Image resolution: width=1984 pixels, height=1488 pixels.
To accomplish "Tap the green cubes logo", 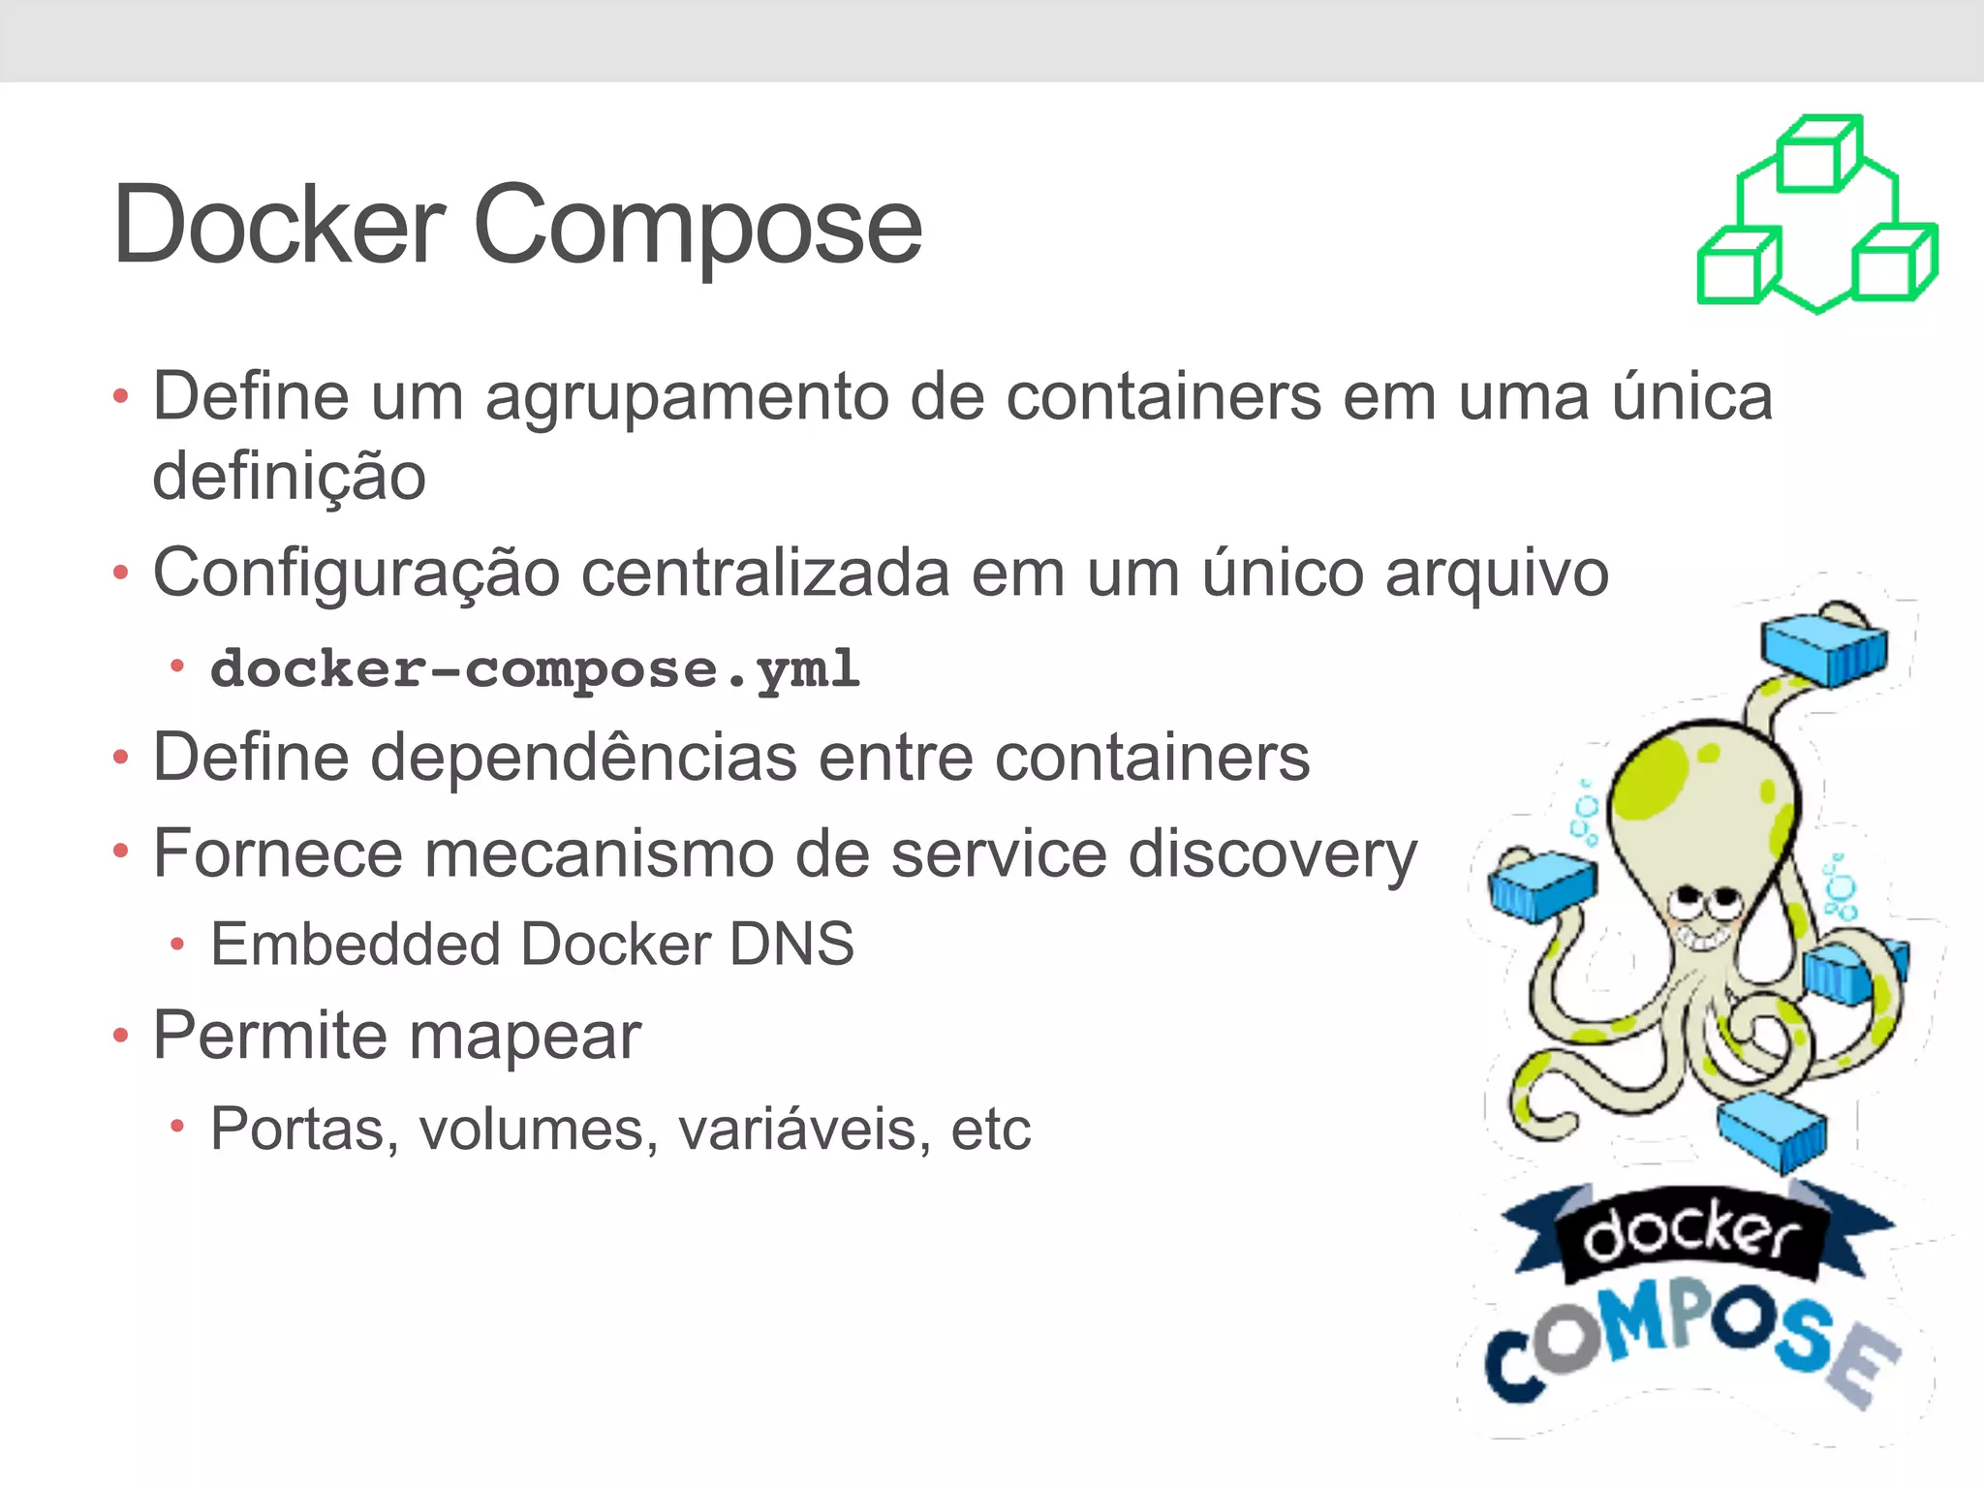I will tap(1817, 215).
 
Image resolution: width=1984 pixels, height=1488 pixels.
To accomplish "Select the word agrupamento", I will tap(687, 399).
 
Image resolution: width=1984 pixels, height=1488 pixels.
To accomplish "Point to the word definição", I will tap(289, 477).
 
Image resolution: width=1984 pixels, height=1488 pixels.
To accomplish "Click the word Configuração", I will tap(356, 574).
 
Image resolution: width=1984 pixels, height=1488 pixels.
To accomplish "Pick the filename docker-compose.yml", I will tap(535, 668).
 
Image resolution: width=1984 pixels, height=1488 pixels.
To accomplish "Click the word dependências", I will tap(584, 757).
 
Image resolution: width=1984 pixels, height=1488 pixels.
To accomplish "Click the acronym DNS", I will tap(791, 945).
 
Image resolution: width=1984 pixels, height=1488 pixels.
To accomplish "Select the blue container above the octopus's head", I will tap(1824, 646).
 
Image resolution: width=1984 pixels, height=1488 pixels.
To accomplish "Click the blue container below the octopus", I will tap(1772, 1129).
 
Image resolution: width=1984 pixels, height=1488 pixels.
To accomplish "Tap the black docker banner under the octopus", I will tap(1692, 1235).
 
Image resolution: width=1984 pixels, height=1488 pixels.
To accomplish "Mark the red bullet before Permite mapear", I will tap(120, 1036).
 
